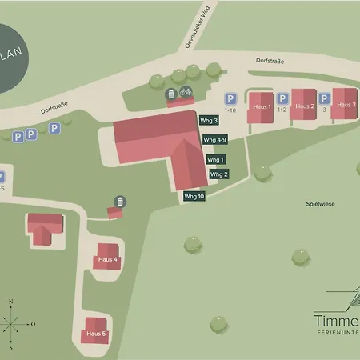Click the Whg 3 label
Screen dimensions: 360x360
[210, 120]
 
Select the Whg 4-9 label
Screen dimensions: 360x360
[215, 139]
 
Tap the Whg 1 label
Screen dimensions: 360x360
[216, 159]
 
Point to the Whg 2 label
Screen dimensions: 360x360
[219, 174]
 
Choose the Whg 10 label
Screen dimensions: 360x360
[194, 196]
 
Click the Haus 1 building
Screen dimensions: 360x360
[261, 106]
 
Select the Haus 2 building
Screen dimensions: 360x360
[304, 106]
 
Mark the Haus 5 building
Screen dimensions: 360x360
[95, 332]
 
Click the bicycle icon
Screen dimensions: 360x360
[186, 92]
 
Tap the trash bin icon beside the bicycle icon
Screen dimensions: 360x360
[170, 95]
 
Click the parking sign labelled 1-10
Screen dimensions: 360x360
[230, 97]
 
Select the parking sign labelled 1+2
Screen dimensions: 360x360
[282, 98]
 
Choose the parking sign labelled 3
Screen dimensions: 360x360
[325, 98]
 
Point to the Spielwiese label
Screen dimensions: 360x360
[320, 204]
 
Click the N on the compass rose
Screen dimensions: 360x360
[11, 301]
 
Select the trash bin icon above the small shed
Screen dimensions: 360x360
[120, 200]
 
